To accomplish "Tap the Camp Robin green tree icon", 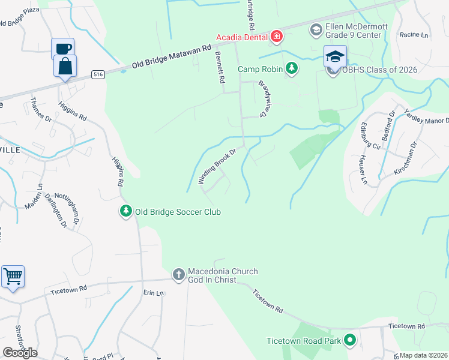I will click(292, 69).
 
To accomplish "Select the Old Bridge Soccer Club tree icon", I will click(126, 212).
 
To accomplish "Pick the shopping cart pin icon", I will click(13, 277).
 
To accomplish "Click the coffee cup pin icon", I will click(62, 47).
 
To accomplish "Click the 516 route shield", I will click(98, 74).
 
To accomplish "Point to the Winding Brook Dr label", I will click(215, 167).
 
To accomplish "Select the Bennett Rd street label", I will click(219, 67).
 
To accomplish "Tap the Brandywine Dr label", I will click(264, 98).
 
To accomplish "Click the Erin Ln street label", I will click(153, 293).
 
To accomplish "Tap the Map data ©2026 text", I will click(424, 355).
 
